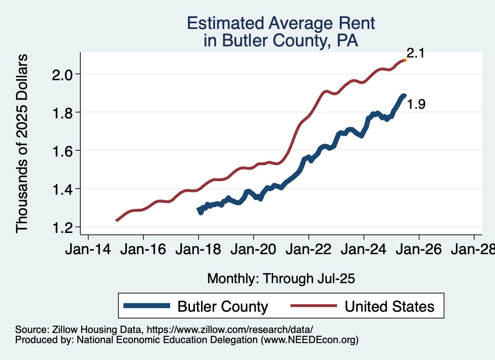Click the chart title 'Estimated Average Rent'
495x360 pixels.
pos(281,23)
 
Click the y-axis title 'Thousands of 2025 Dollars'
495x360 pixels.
pos(22,143)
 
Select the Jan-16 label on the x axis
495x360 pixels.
pos(143,250)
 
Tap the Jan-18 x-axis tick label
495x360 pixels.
pos(198,250)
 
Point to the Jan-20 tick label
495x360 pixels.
pos(253,250)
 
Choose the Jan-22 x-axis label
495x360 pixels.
pos(308,250)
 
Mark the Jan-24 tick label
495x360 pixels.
pos(364,250)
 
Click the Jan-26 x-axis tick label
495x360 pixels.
pos(419,250)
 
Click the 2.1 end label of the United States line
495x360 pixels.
pos(415,53)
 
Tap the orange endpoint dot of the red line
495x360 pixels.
pos(405,60)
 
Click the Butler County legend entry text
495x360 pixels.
pos(223,306)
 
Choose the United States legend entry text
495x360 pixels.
pos(389,306)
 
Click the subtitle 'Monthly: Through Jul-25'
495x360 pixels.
pos(281,278)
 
